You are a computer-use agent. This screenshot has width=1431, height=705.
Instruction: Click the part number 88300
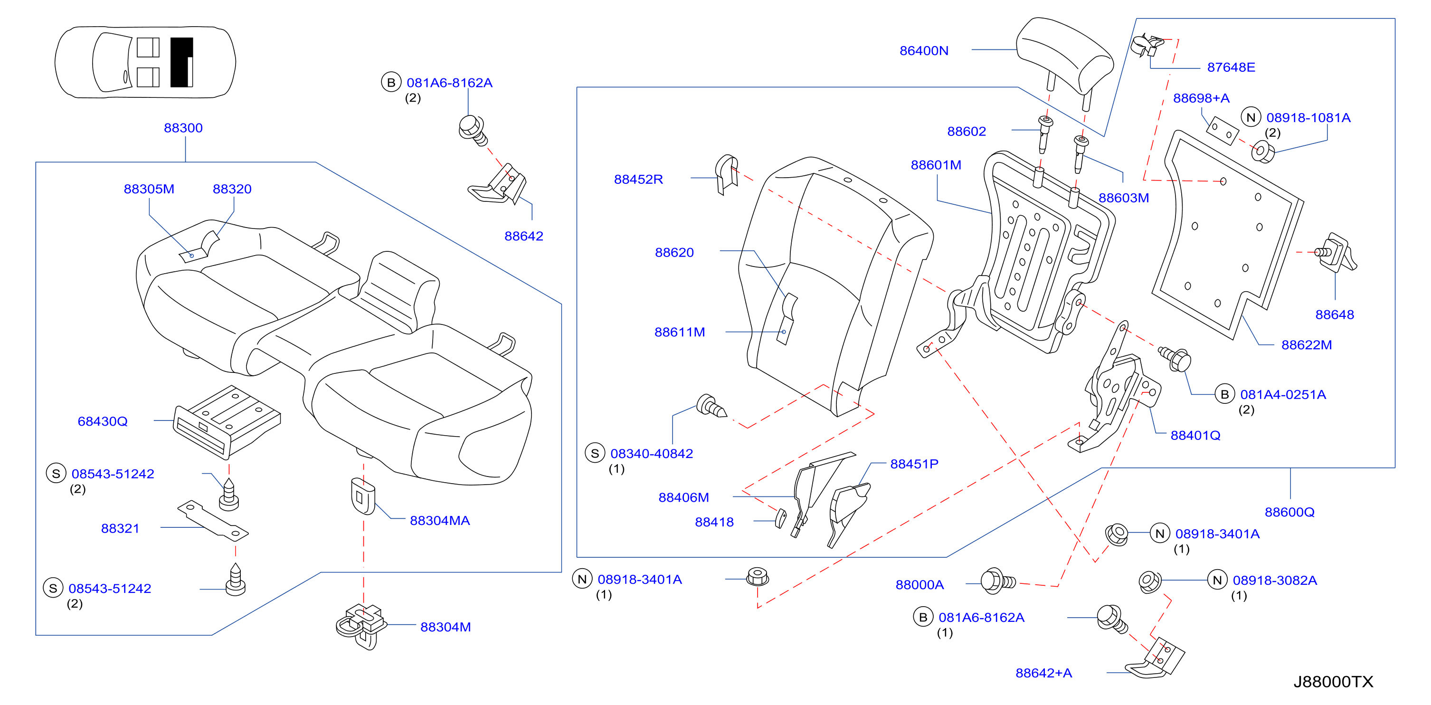[x=183, y=128]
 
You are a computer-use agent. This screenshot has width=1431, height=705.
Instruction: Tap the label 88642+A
[x=1043, y=673]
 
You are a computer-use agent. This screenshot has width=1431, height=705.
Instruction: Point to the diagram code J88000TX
[x=1333, y=682]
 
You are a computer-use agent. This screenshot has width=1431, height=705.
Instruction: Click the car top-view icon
[x=145, y=62]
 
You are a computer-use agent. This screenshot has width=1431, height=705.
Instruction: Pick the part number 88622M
[x=1306, y=344]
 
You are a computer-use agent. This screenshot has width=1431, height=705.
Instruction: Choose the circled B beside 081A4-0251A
[x=1224, y=394]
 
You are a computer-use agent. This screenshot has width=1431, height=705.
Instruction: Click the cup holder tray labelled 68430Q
[x=227, y=422]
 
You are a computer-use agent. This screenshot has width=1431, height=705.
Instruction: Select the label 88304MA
[x=439, y=521]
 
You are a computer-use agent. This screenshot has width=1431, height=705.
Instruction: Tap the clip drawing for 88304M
[x=361, y=626]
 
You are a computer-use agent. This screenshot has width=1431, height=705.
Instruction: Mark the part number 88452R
[x=638, y=180]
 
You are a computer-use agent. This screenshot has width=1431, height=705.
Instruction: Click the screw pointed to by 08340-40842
[x=711, y=406]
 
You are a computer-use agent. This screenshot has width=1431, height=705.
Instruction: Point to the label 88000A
[x=919, y=584]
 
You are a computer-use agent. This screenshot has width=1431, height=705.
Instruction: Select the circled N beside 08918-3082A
[x=1217, y=580]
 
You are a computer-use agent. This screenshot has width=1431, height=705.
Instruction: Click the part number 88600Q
[x=1289, y=512]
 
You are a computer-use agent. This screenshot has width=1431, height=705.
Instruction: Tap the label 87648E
[x=1231, y=67]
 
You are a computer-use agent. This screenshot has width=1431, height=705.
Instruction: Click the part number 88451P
[x=914, y=464]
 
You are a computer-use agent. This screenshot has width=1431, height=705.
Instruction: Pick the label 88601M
[x=936, y=165]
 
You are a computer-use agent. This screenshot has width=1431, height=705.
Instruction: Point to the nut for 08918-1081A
[x=1263, y=151]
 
